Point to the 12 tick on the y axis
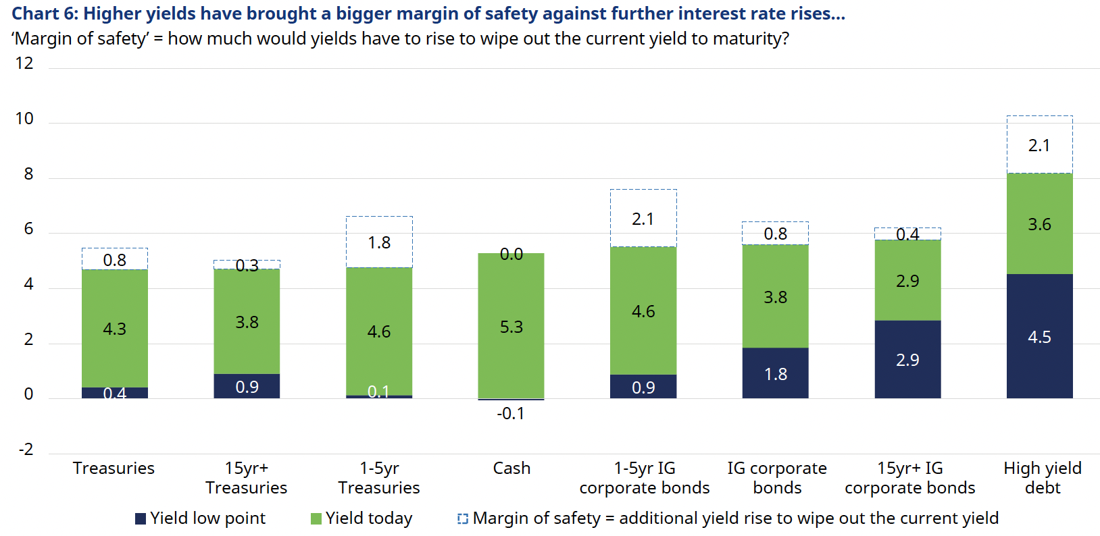(x=24, y=63)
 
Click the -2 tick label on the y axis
(x=26, y=450)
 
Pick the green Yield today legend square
(x=316, y=518)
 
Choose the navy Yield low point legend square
(x=141, y=518)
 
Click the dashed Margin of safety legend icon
(x=463, y=518)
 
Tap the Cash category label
(x=511, y=468)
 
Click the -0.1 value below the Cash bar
(x=510, y=413)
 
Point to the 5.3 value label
(x=511, y=327)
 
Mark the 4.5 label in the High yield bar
(x=1039, y=337)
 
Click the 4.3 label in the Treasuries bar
(x=115, y=329)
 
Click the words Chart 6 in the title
(x=39, y=14)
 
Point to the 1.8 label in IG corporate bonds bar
(x=775, y=374)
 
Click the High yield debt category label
(x=1043, y=478)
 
